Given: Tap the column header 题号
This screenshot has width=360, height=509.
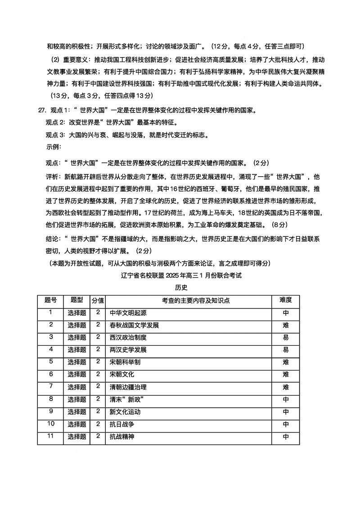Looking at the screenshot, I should point(51,300).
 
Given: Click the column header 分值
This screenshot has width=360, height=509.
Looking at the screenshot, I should point(98,300).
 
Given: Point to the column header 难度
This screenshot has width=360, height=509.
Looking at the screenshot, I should point(286,300).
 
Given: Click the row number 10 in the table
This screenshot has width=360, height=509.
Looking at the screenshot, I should point(51,424).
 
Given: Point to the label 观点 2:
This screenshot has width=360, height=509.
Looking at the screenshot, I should point(56,123).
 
